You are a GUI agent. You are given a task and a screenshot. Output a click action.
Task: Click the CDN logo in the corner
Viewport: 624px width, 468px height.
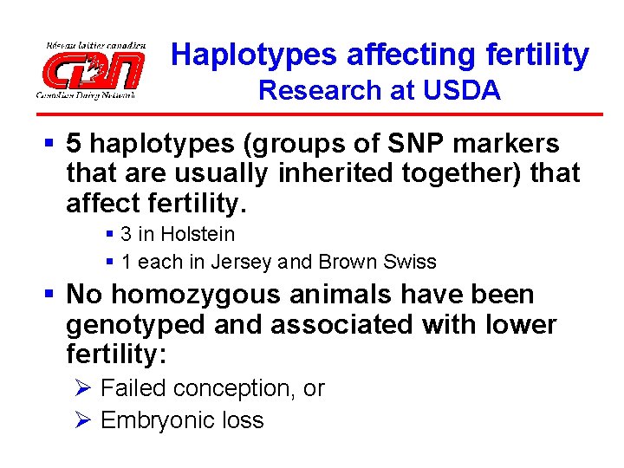tap(90, 69)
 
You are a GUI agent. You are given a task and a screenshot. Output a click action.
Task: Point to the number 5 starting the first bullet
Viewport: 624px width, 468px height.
tap(75, 144)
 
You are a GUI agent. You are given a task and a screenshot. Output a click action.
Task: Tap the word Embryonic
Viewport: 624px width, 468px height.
tap(153, 420)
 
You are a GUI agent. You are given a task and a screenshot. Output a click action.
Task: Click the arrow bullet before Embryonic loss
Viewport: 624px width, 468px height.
tap(83, 420)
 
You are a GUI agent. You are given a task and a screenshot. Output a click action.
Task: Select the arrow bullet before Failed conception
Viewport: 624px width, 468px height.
tap(83, 388)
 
